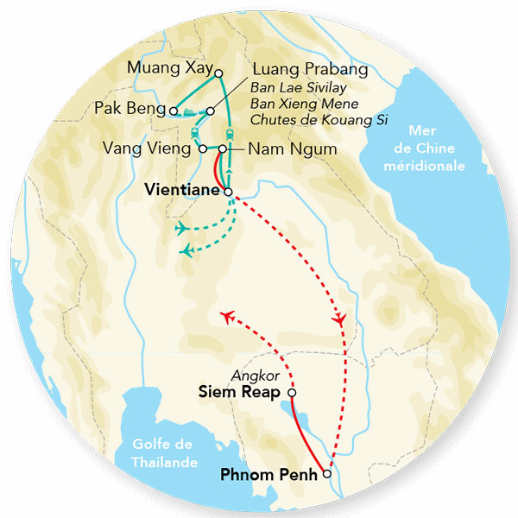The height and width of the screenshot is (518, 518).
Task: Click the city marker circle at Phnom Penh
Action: coord(325,474)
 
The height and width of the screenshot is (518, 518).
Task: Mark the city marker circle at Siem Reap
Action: coord(291,393)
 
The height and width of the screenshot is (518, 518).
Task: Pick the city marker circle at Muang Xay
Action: coord(218,73)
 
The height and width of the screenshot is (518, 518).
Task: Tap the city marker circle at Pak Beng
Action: coord(174,111)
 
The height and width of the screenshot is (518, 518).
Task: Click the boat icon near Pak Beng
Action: coord(192,111)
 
